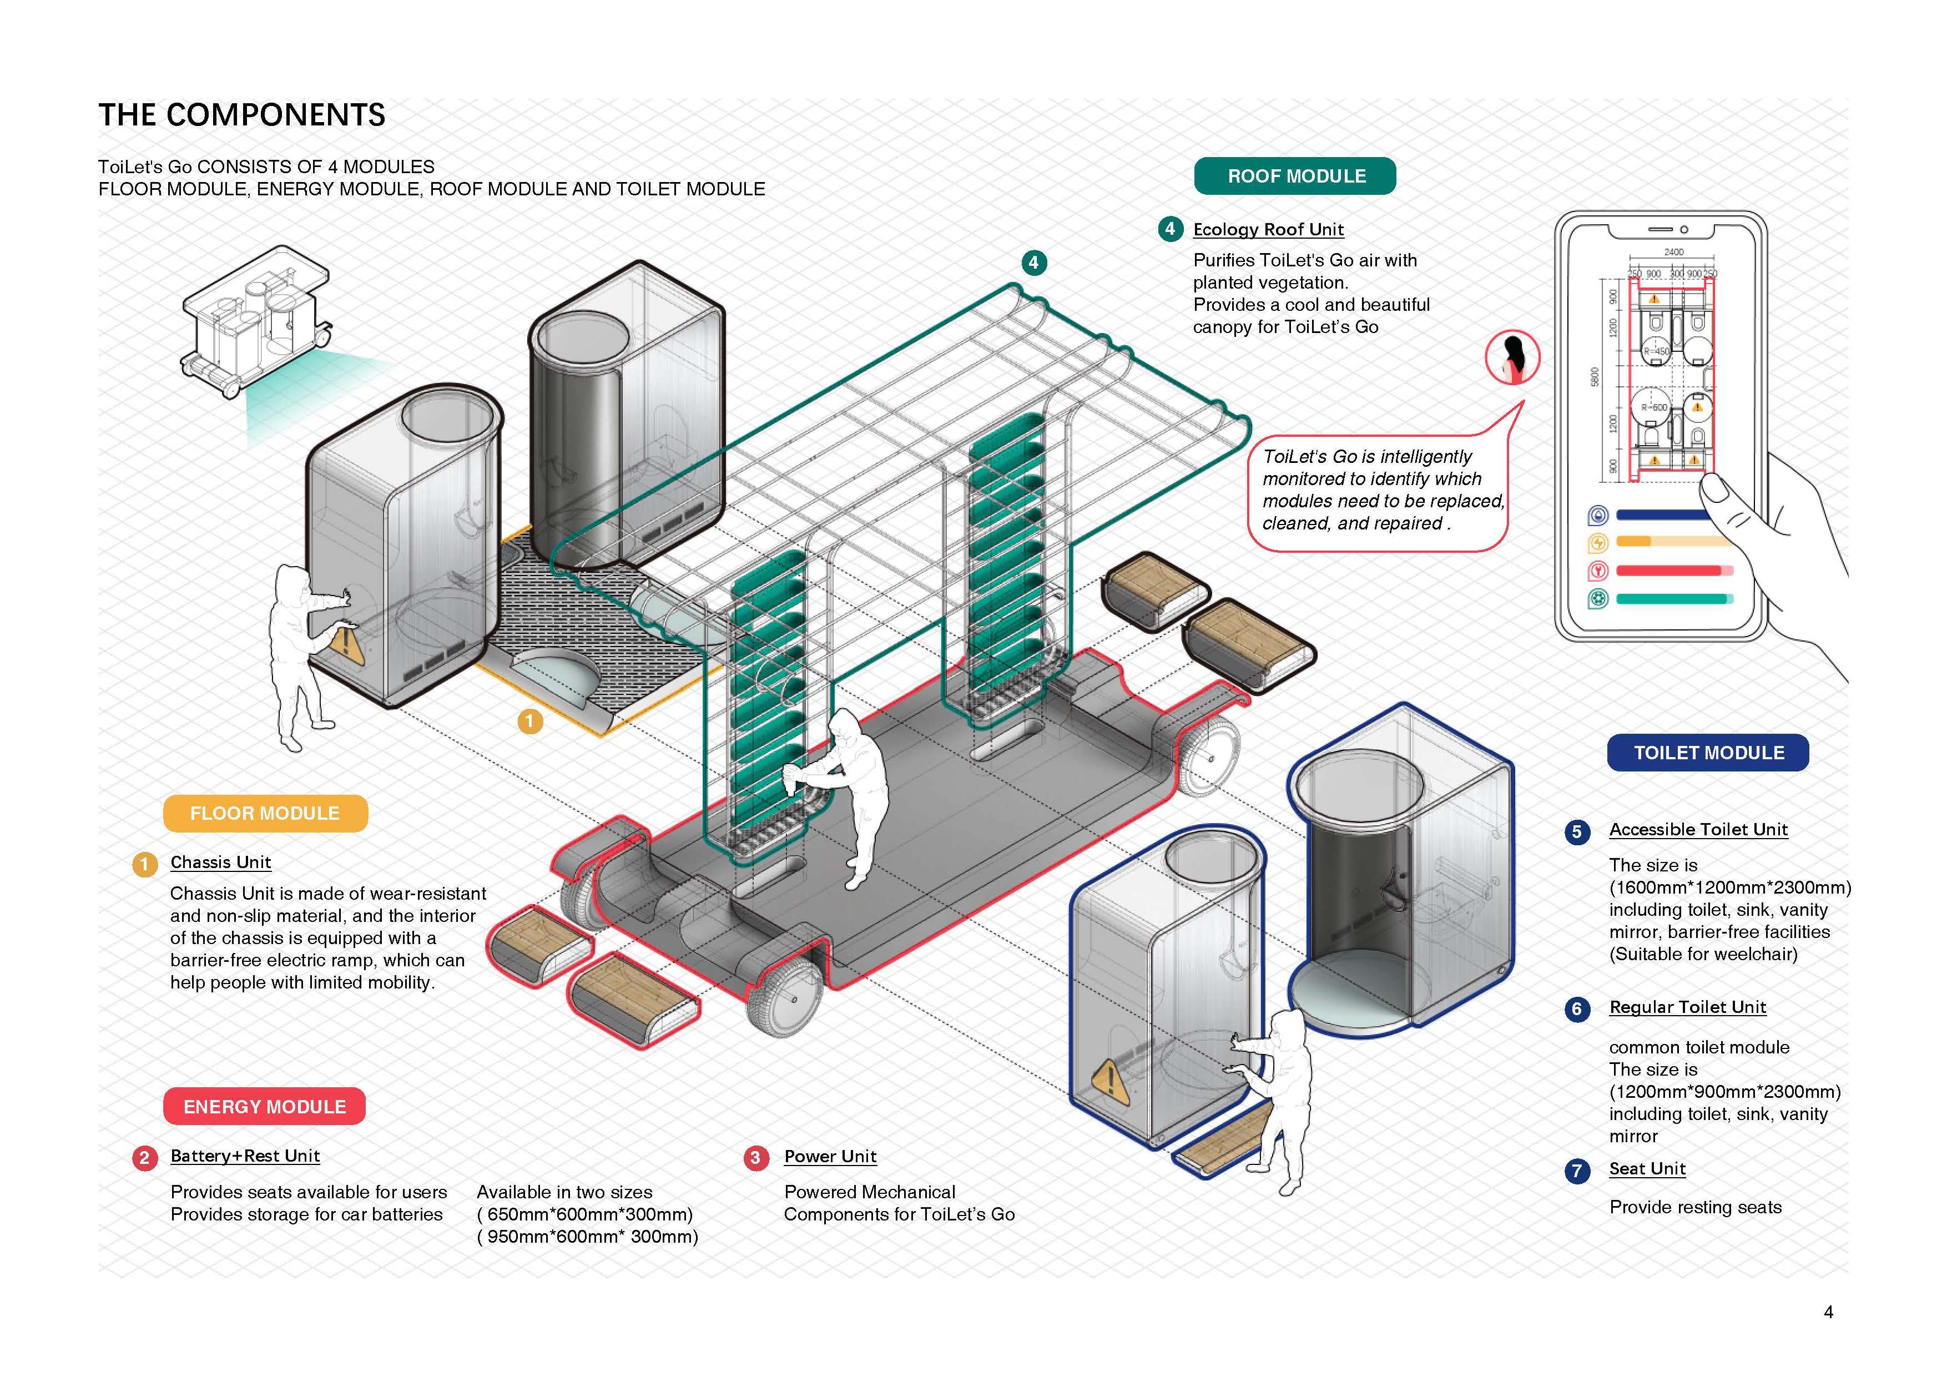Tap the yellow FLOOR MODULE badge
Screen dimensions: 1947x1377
tap(265, 813)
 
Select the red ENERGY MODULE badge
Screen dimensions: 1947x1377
tap(265, 1107)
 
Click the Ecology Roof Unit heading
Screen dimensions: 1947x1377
tap(1268, 230)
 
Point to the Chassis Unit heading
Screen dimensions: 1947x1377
tap(220, 862)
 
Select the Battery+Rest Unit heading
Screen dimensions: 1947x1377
tap(245, 1157)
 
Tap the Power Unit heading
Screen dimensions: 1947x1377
tap(830, 1157)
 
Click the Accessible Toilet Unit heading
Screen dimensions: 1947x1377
tap(1698, 830)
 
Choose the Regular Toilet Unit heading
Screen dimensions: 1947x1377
tap(1687, 1007)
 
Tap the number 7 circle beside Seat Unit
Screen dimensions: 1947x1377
tap(1576, 1171)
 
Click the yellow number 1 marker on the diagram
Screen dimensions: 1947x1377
tap(530, 722)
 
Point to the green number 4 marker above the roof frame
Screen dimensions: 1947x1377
tap(1033, 263)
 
